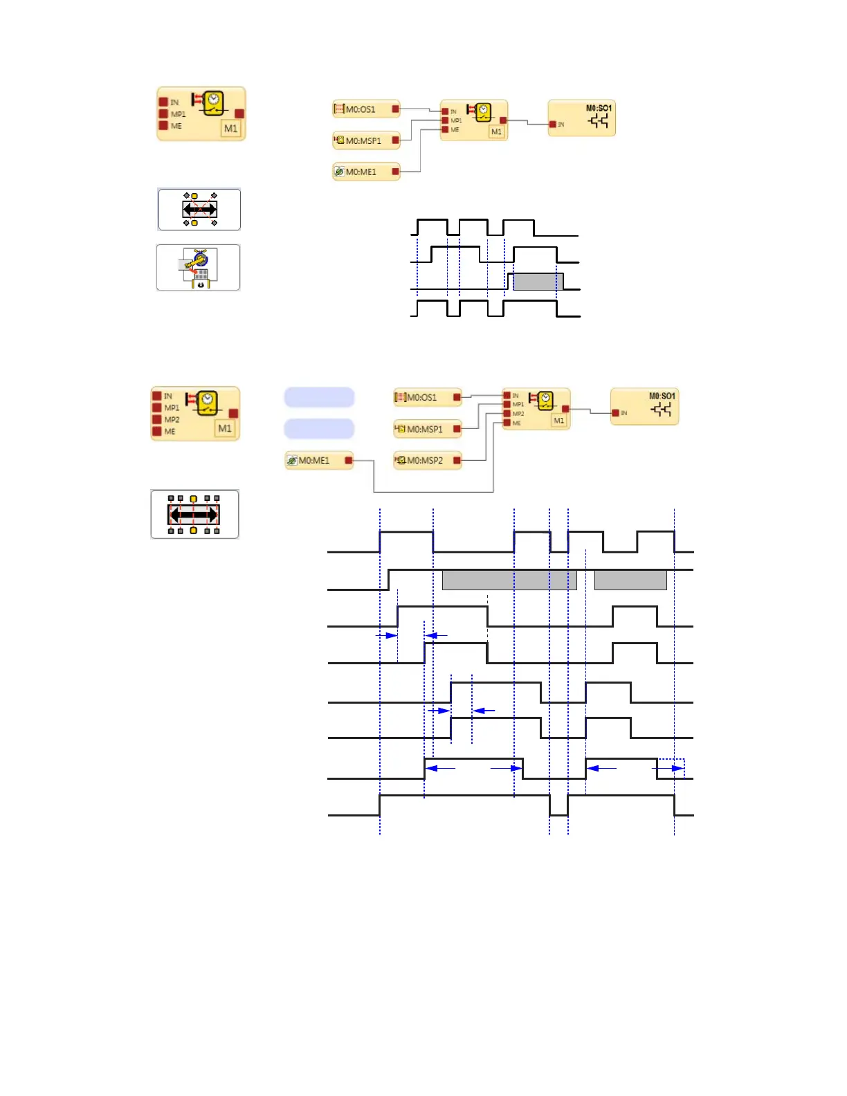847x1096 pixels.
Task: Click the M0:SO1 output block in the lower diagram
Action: pos(644,406)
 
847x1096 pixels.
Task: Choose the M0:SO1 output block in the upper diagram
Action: pos(581,118)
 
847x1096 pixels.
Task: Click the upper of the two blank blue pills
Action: pos(319,397)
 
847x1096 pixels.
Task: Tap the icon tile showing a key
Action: pos(199,267)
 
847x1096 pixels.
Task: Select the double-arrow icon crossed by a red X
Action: pos(199,209)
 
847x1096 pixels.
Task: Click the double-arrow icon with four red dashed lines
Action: pos(194,514)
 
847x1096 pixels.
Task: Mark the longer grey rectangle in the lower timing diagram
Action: pos(509,580)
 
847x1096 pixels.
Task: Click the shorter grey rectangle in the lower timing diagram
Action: pos(630,580)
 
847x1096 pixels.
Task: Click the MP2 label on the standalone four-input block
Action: pos(172,419)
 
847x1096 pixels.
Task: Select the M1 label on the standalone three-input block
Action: pos(230,129)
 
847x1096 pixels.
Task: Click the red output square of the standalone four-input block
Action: pos(234,414)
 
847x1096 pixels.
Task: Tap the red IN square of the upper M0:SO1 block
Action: pos(553,125)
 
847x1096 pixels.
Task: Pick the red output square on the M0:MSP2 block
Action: pos(457,460)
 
